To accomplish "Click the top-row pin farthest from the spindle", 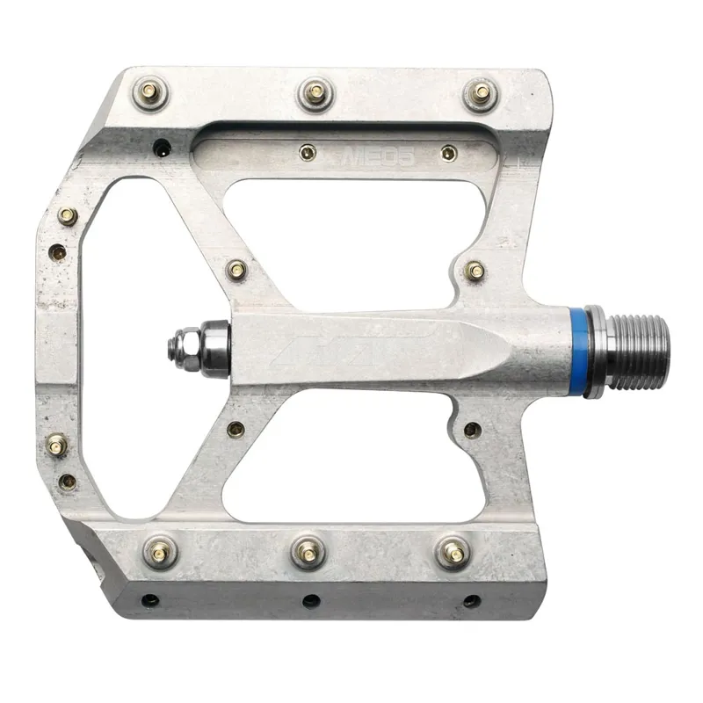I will click(x=150, y=91).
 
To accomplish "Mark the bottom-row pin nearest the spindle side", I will click(x=453, y=551).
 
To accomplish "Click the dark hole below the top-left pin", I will click(x=161, y=149).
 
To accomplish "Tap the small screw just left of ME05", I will click(x=306, y=153).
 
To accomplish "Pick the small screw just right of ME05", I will click(x=448, y=153).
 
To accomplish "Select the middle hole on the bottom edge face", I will click(x=310, y=601).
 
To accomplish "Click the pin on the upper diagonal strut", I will click(x=236, y=269).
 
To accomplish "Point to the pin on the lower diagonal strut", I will click(x=236, y=430).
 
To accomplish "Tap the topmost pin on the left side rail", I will click(x=67, y=214).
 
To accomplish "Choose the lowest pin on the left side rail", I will click(x=67, y=481).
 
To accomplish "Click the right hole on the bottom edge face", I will click(x=471, y=601).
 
